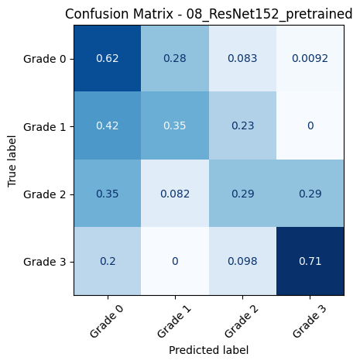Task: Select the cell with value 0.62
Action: pyautogui.click(x=107, y=58)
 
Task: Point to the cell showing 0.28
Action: pyautogui.click(x=174, y=58)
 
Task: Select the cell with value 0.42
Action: pyautogui.click(x=107, y=126)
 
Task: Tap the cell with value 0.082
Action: pyautogui.click(x=174, y=194)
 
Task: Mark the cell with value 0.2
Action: pyautogui.click(x=107, y=262)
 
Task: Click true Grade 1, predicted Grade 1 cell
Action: pyautogui.click(x=174, y=126)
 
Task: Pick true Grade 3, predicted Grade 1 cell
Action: pyautogui.click(x=174, y=262)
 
